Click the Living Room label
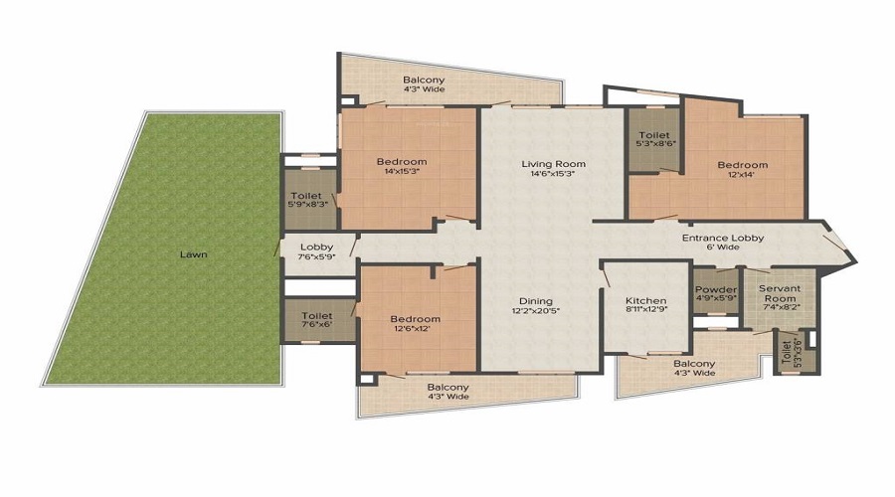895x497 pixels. tap(553, 164)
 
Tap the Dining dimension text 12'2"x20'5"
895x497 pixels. tap(536, 311)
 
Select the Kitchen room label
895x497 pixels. tap(645, 301)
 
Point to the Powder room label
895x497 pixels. tap(716, 289)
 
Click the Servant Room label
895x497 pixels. tap(780, 293)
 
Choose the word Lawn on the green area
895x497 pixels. tap(194, 254)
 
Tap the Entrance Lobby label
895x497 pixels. tap(723, 238)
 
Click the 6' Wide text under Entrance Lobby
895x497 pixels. tap(723, 248)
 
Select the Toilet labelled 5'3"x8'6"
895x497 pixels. tap(655, 139)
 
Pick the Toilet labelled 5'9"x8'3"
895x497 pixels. tap(307, 200)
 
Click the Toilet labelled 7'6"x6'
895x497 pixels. tap(317, 319)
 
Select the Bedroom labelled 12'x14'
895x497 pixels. tap(743, 169)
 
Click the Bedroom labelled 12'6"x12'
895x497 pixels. tap(415, 323)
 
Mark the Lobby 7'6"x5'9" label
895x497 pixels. tap(317, 251)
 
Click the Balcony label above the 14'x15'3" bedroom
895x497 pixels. tap(424, 80)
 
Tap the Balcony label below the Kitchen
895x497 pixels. tap(694, 364)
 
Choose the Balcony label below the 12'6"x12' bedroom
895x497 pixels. tap(448, 387)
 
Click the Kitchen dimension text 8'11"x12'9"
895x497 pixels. tap(645, 310)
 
